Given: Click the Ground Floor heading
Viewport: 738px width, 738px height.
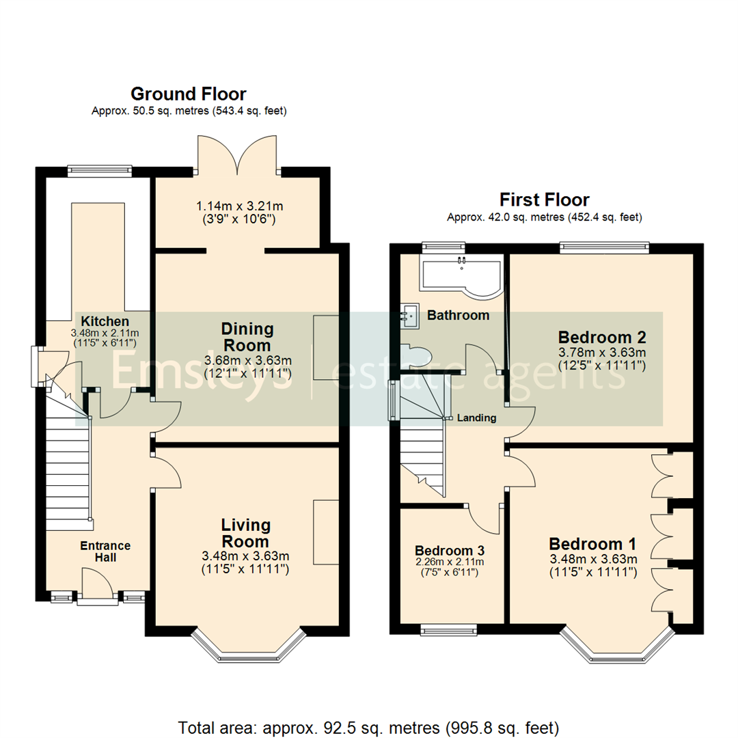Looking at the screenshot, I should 188,94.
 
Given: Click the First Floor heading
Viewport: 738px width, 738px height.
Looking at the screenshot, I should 544,200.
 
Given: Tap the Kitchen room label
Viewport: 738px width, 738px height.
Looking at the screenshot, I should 105,321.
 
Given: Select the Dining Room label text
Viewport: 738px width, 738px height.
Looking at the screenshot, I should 247,337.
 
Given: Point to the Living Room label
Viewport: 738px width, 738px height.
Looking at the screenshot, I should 245,533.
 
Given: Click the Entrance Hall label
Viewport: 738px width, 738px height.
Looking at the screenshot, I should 105,551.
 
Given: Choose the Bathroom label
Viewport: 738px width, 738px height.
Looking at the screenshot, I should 458,315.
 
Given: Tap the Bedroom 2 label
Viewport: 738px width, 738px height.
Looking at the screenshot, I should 602,337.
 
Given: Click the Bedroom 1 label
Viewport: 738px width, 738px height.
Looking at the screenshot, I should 592,544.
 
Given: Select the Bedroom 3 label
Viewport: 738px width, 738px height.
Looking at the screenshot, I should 445,551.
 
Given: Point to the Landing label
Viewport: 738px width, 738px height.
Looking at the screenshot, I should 476,418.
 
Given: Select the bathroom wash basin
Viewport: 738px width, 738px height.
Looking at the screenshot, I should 410,316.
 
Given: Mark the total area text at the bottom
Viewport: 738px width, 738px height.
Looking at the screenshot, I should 369,726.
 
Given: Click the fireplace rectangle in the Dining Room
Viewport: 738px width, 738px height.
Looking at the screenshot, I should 326,348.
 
